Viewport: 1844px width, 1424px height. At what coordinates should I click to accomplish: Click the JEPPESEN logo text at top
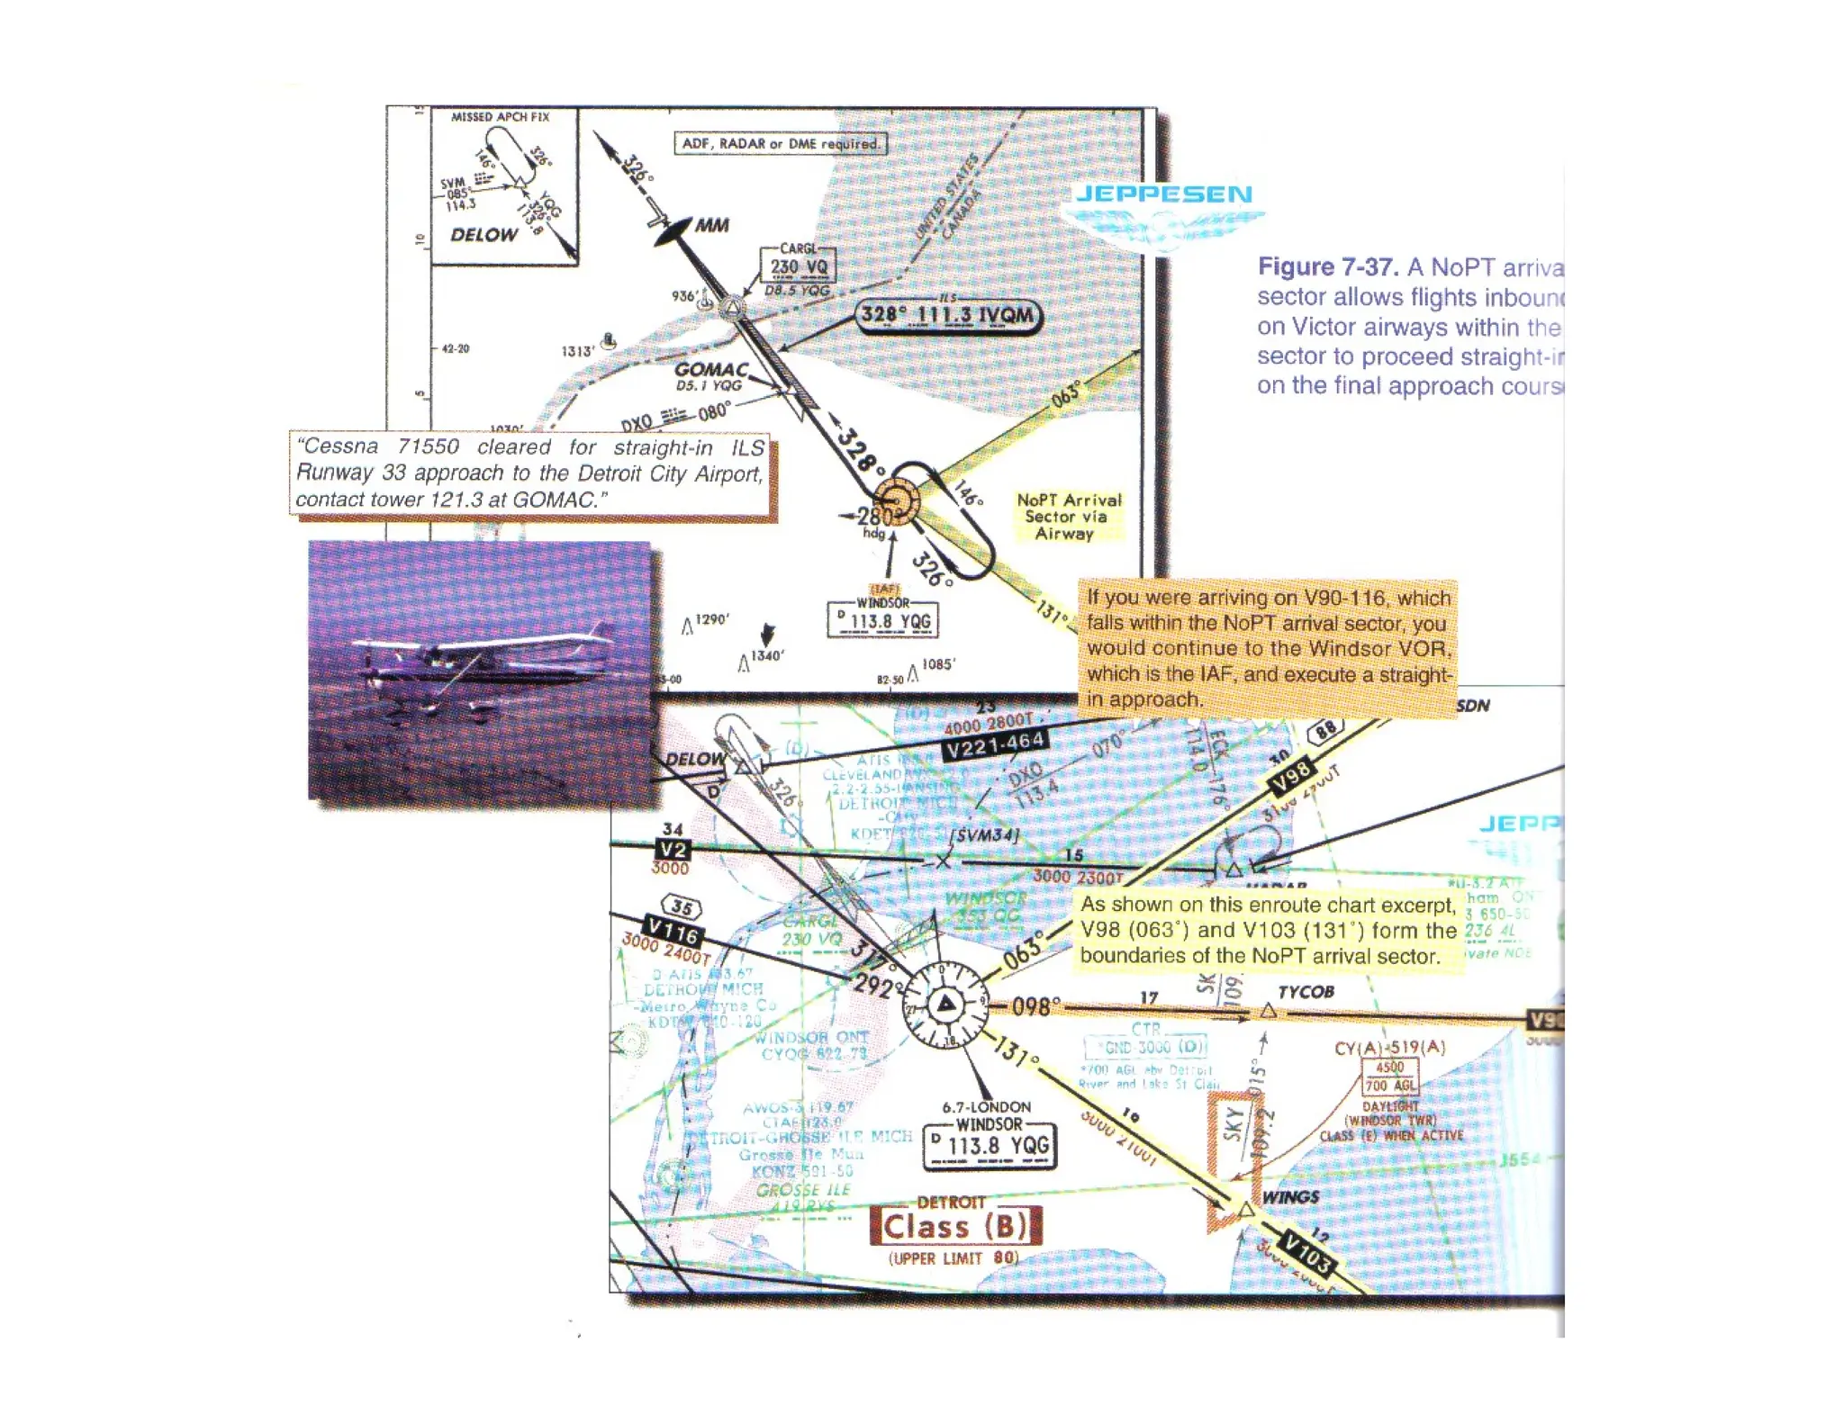click(1163, 194)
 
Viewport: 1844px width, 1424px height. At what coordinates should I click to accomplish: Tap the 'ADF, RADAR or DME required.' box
click(780, 143)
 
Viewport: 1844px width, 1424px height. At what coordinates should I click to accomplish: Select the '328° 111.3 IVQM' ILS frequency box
click(947, 315)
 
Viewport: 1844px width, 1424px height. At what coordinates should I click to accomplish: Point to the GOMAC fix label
click(711, 369)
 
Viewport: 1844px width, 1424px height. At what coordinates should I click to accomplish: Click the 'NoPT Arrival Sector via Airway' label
click(1069, 517)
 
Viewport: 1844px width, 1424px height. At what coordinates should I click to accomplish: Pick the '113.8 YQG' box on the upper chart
click(883, 621)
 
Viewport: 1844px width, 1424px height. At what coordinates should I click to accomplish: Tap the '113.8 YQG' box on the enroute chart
click(990, 1146)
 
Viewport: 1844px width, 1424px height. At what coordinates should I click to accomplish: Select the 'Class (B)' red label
click(955, 1226)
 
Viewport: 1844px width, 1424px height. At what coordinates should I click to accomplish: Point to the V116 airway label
click(673, 930)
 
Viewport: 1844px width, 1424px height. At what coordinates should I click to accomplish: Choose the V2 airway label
click(673, 850)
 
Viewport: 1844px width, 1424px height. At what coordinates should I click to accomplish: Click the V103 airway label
click(1308, 1254)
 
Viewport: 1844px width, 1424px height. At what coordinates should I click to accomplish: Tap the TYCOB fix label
click(1306, 992)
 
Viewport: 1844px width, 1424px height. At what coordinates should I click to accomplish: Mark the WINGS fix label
click(1290, 1197)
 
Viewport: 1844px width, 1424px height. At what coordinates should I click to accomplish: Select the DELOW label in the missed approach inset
click(484, 235)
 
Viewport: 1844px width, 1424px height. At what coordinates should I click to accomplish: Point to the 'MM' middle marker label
click(711, 225)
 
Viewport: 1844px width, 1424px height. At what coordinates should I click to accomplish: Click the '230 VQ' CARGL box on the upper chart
click(798, 266)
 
